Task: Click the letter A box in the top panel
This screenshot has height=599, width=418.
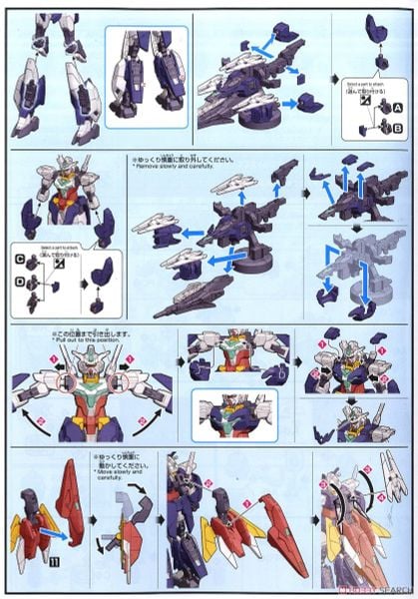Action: coord(398,106)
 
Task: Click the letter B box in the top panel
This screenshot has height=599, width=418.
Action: coord(398,128)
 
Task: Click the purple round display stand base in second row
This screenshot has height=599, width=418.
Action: coord(228,274)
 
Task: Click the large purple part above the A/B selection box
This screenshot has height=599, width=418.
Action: coord(376,28)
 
